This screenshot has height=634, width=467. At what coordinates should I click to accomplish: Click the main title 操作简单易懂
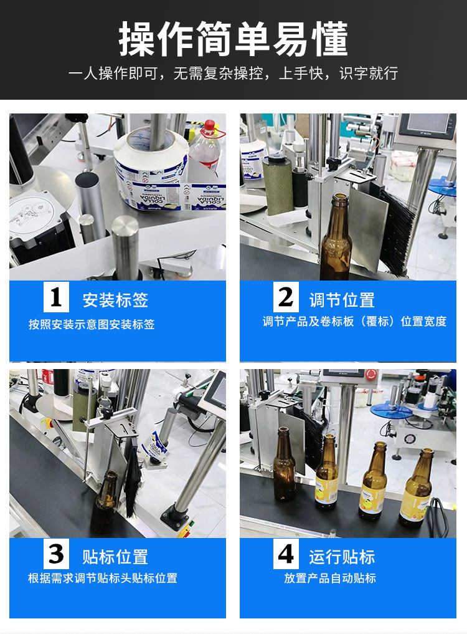pos(233,39)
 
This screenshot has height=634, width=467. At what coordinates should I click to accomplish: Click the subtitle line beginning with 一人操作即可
pos(233,74)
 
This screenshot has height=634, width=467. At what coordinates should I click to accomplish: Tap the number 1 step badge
pos(56,298)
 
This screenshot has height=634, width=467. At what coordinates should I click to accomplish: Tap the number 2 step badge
pos(286,297)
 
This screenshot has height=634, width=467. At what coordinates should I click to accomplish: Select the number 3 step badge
pos(56,554)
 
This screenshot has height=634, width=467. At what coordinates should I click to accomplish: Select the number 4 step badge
pos(286,554)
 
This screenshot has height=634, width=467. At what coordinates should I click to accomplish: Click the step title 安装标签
pos(115,300)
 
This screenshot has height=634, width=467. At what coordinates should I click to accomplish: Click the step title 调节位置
pos(342,300)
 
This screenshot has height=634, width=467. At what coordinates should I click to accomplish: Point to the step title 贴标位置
pos(115,556)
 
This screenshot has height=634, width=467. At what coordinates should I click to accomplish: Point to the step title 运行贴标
pos(342,556)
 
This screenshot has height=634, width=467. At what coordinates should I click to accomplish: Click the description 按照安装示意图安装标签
pos(92,325)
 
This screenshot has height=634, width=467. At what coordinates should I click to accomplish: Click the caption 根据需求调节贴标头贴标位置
pos(103,579)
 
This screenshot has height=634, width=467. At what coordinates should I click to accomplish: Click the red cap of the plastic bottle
pos(209,125)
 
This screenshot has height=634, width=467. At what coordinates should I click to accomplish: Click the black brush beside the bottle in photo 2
pos(392,231)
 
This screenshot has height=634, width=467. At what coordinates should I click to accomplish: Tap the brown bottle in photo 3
pos(105,499)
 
